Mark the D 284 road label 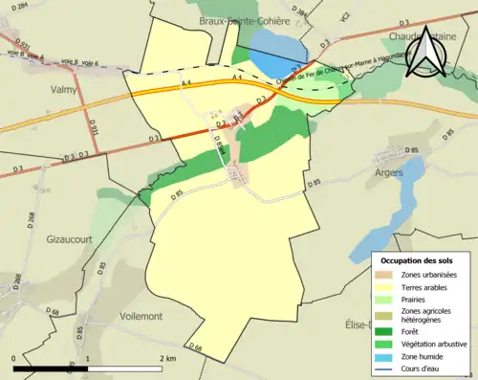[x=17, y=9]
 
